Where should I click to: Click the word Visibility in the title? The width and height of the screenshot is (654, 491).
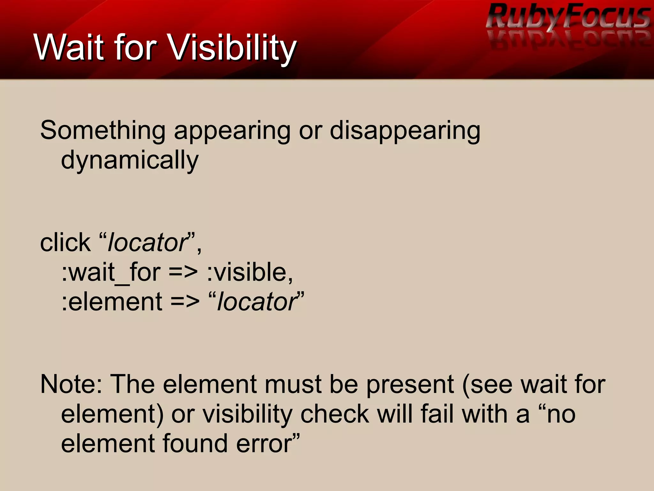click(x=232, y=48)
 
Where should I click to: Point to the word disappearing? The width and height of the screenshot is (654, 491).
click(x=405, y=131)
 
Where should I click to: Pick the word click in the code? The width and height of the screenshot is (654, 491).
click(x=65, y=242)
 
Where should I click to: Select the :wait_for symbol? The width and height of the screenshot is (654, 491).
click(x=110, y=272)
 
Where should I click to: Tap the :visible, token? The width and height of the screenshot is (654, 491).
click(x=249, y=272)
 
